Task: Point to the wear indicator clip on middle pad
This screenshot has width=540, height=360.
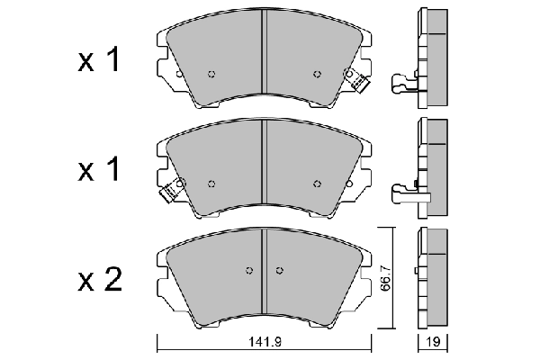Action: click(167, 191)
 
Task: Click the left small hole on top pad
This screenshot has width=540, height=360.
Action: click(212, 74)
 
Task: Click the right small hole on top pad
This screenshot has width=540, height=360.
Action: click(316, 74)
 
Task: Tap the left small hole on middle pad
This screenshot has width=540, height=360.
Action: click(212, 184)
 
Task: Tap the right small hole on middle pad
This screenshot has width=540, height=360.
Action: click(316, 184)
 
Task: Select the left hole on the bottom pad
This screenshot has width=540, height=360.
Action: click(251, 270)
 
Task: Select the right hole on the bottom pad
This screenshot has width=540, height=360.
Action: click(279, 270)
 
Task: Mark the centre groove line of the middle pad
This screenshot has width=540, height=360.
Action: click(264, 166)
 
